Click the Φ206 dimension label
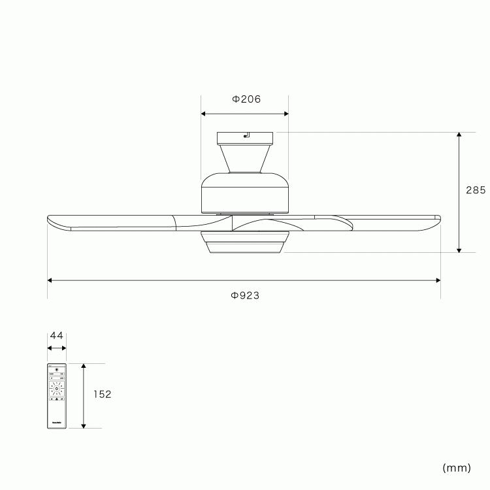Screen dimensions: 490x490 (246, 99)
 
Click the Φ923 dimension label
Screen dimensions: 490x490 (245, 295)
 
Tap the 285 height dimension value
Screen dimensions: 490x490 (476, 191)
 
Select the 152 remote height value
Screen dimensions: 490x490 (102, 395)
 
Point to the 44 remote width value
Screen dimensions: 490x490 (57, 336)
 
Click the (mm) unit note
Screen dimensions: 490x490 (457, 468)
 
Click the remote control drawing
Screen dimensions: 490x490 (57, 396)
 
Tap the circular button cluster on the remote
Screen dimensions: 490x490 (57, 390)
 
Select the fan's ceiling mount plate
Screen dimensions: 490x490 (245, 138)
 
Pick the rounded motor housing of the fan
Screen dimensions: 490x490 (245, 193)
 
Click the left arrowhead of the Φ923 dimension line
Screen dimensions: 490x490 (50, 280)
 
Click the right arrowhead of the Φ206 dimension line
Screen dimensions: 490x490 (286, 114)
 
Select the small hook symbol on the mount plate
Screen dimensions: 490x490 (247, 136)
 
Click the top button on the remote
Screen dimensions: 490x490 (57, 370)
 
